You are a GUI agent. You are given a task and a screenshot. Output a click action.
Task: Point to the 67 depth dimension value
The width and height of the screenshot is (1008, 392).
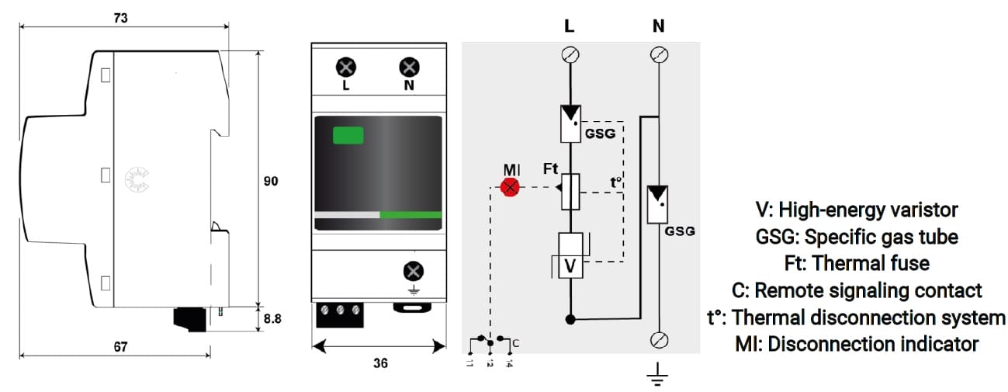coord(121,346)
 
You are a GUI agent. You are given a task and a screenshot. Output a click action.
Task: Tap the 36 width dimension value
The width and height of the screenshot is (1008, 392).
coord(379,363)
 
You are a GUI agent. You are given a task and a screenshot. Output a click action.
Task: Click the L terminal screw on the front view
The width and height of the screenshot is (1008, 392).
coord(345,67)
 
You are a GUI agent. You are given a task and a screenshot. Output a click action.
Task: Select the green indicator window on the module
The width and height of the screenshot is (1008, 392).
coord(348,135)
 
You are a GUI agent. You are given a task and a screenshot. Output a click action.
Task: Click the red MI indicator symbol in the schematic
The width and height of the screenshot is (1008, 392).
coord(510,187)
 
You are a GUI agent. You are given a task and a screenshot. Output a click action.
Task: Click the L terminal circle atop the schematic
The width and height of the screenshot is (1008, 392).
coord(570,54)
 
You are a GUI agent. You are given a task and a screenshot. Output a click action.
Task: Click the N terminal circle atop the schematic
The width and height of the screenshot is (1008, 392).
coord(658,54)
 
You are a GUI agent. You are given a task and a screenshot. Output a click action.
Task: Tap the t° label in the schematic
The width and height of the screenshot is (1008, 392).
coord(615,184)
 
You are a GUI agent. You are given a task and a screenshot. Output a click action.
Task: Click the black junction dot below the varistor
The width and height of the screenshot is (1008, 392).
coord(570,319)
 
